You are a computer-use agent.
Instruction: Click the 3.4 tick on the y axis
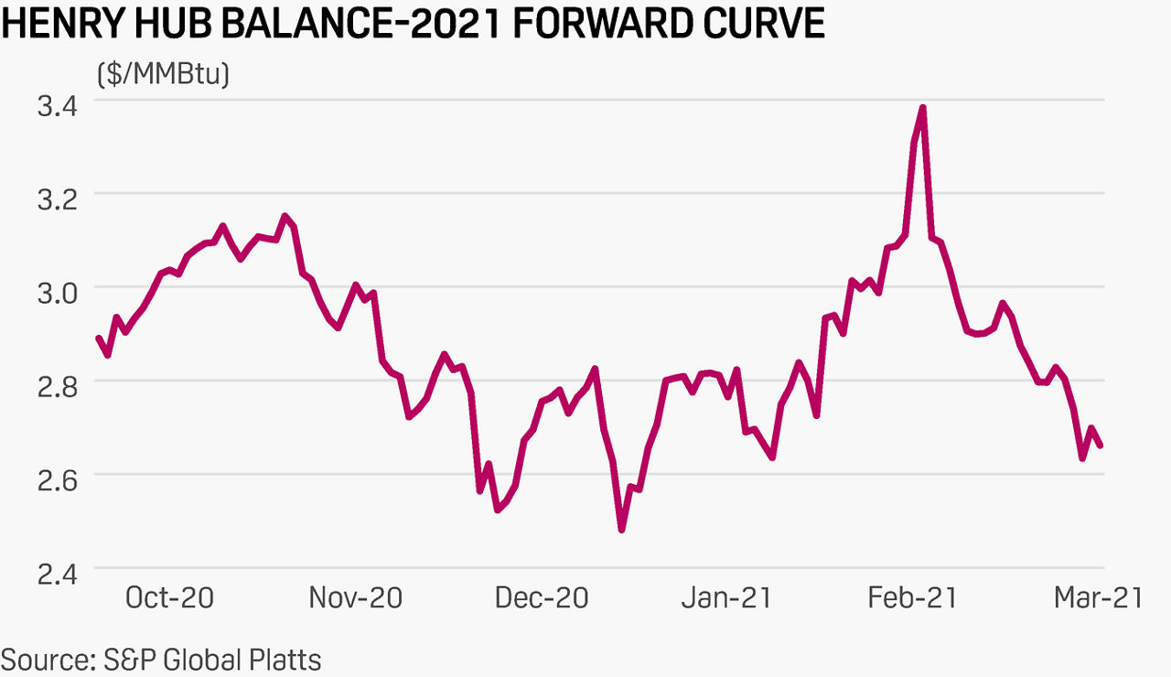click(57, 103)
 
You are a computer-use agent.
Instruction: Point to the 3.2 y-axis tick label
click(57, 197)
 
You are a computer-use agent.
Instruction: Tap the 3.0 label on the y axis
click(57, 290)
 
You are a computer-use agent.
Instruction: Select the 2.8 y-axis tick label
click(57, 383)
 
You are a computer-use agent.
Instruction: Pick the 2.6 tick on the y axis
click(57, 477)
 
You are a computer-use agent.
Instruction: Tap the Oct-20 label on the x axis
click(169, 598)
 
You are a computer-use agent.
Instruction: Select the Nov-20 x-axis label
click(355, 598)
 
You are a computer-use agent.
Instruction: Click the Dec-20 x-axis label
click(542, 598)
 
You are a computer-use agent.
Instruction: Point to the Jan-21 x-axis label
click(726, 598)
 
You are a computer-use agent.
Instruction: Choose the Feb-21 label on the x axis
click(912, 598)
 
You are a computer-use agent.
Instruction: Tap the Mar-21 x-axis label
click(1098, 598)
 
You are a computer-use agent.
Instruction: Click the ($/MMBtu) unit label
click(163, 72)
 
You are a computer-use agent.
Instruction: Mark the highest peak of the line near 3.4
click(923, 108)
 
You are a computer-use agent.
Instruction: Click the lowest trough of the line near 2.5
click(622, 529)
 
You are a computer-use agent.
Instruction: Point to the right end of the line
click(1101, 446)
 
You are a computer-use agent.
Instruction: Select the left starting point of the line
click(99, 338)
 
